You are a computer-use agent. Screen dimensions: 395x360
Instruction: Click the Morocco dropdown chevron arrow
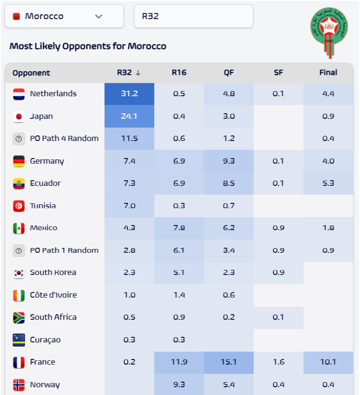pyautogui.click(x=99, y=16)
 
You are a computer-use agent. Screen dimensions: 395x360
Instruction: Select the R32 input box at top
pyautogui.click(x=193, y=16)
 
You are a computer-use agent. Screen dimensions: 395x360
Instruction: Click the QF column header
pyautogui.click(x=229, y=73)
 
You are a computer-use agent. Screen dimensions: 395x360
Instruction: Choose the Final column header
pyautogui.click(x=328, y=73)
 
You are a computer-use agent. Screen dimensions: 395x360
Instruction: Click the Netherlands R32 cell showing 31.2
pyautogui.click(x=129, y=94)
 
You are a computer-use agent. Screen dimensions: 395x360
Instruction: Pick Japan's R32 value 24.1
pyautogui.click(x=129, y=116)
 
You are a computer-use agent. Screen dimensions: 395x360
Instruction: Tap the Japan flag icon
pyautogui.click(x=19, y=117)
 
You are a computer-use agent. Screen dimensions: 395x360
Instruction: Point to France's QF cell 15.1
pyautogui.click(x=229, y=362)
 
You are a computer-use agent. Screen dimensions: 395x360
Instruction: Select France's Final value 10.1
pyautogui.click(x=328, y=362)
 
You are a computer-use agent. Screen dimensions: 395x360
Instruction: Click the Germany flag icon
pyautogui.click(x=19, y=161)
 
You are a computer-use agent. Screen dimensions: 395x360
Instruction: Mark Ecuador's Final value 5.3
pyautogui.click(x=328, y=183)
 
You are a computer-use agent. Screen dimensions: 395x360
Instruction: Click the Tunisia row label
pyautogui.click(x=43, y=206)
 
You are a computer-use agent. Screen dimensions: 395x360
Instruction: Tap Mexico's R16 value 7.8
pyautogui.click(x=179, y=228)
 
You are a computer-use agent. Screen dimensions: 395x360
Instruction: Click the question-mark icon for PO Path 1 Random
pyautogui.click(x=19, y=250)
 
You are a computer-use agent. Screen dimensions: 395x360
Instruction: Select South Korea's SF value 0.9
pyautogui.click(x=278, y=273)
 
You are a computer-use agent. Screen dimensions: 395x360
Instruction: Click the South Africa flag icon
pyautogui.click(x=19, y=317)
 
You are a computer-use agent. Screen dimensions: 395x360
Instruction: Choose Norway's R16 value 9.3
pyautogui.click(x=179, y=384)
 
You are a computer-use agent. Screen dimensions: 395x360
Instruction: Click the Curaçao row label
pyautogui.click(x=45, y=340)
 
